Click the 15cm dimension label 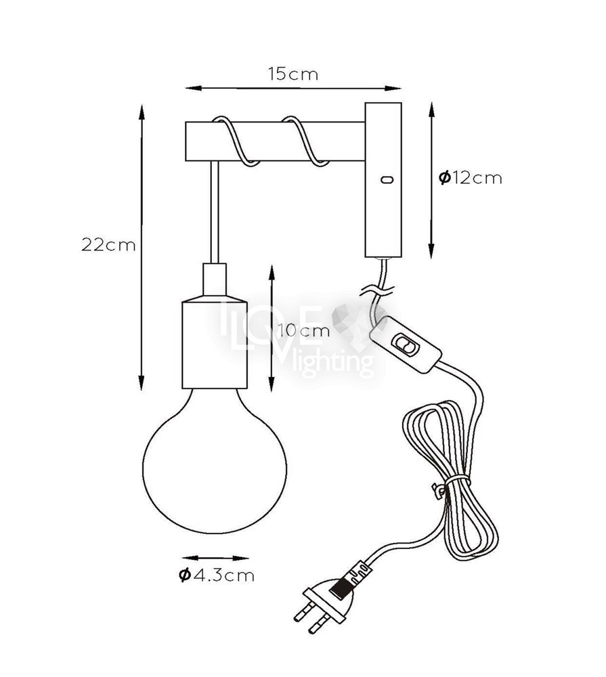(x=293, y=74)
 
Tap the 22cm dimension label (x=108, y=245)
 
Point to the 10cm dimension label (x=303, y=331)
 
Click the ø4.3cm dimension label (x=217, y=575)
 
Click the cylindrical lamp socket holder (x=215, y=341)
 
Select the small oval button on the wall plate (x=387, y=179)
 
